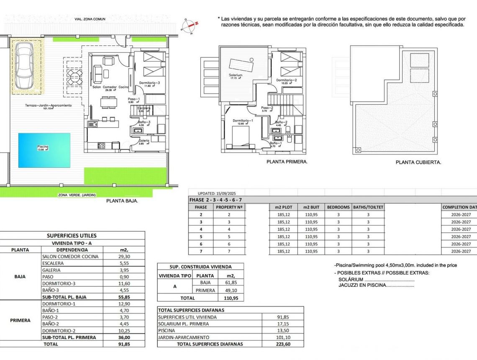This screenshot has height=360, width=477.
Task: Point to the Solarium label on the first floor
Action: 236,75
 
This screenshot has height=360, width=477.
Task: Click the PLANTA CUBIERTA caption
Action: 418,162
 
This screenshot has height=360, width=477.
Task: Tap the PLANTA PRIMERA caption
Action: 287,162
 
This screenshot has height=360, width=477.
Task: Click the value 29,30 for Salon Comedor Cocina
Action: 124,257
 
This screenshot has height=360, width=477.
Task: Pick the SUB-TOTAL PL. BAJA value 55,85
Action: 124,297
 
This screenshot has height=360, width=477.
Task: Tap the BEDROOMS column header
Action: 338,207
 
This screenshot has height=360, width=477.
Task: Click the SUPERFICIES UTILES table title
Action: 72,236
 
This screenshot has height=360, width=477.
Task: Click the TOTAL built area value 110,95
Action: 231,298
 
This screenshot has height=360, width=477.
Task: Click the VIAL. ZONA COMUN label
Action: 90,19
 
